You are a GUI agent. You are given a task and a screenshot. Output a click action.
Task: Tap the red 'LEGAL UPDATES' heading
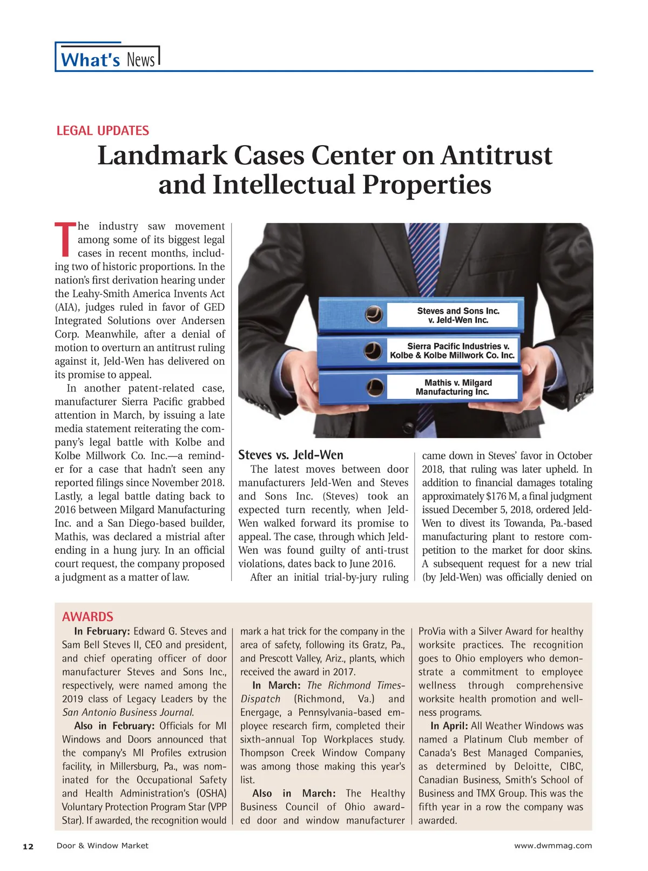click(103, 131)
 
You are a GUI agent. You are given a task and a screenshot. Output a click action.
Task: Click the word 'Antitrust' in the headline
click(497, 156)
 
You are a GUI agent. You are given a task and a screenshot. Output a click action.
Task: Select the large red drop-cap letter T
click(65, 239)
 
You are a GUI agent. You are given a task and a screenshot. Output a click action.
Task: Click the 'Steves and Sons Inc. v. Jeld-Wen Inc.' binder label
click(458, 315)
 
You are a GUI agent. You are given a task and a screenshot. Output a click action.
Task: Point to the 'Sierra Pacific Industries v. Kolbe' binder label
click(452, 350)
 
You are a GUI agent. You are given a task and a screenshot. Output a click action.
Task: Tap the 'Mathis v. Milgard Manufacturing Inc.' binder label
click(454, 387)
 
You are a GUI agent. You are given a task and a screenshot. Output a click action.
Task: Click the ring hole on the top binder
click(374, 314)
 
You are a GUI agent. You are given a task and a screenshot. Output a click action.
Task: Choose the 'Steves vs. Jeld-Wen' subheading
click(291, 455)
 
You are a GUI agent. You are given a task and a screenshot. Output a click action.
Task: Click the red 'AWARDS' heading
click(87, 617)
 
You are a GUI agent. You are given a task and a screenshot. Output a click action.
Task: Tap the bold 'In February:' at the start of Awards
click(102, 631)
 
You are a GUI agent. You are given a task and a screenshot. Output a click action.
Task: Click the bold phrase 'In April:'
click(449, 726)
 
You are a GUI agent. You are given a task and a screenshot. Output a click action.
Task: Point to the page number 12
click(28, 846)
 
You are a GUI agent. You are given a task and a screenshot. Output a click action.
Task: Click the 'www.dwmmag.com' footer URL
click(552, 846)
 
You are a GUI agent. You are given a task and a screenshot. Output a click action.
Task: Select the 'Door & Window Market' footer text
click(102, 846)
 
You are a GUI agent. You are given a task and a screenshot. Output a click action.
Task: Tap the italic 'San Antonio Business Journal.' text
click(128, 712)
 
